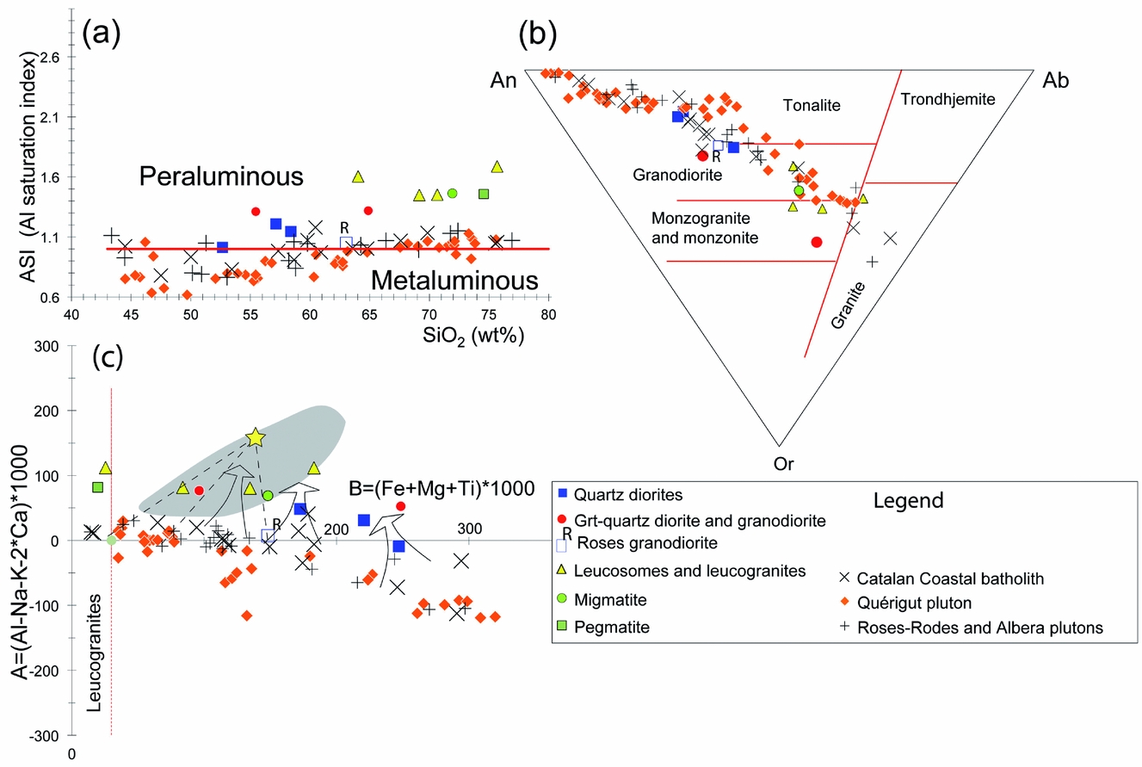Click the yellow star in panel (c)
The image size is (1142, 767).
(x=256, y=437)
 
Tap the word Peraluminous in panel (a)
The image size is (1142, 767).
(x=222, y=177)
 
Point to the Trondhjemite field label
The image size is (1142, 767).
(x=948, y=100)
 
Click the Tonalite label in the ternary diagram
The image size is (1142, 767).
(x=811, y=105)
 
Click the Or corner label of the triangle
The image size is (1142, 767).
(x=784, y=464)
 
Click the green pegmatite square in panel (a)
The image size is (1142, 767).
(x=484, y=194)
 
